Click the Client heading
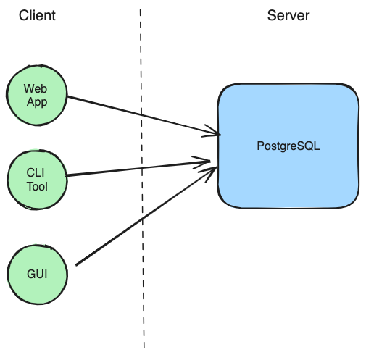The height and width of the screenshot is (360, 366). pyautogui.click(x=37, y=15)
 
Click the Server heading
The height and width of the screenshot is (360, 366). pyautogui.click(x=288, y=15)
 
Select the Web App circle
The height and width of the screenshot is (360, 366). pyautogui.click(x=37, y=95)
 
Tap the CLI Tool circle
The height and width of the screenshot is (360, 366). pyautogui.click(x=37, y=180)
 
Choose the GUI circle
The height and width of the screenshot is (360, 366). pyautogui.click(x=38, y=275)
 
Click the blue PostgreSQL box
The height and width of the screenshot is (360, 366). pyautogui.click(x=288, y=146)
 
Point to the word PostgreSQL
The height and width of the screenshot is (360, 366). pyautogui.click(x=288, y=146)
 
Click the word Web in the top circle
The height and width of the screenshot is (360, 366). pyautogui.click(x=36, y=88)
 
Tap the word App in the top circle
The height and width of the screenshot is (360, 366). pyautogui.click(x=37, y=102)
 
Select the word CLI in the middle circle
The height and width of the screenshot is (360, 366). pyautogui.click(x=36, y=173)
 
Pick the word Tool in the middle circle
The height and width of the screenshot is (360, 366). pyautogui.click(x=37, y=186)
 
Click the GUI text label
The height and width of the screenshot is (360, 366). pyautogui.click(x=37, y=275)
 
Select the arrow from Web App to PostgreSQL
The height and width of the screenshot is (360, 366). pyautogui.click(x=144, y=115)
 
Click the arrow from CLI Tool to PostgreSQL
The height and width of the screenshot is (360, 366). pyautogui.click(x=138, y=168)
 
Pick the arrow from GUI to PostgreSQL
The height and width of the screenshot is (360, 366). pyautogui.click(x=146, y=216)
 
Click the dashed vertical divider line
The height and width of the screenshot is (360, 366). pyautogui.click(x=142, y=179)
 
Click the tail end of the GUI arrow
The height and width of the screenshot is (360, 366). pyautogui.click(x=76, y=265)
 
